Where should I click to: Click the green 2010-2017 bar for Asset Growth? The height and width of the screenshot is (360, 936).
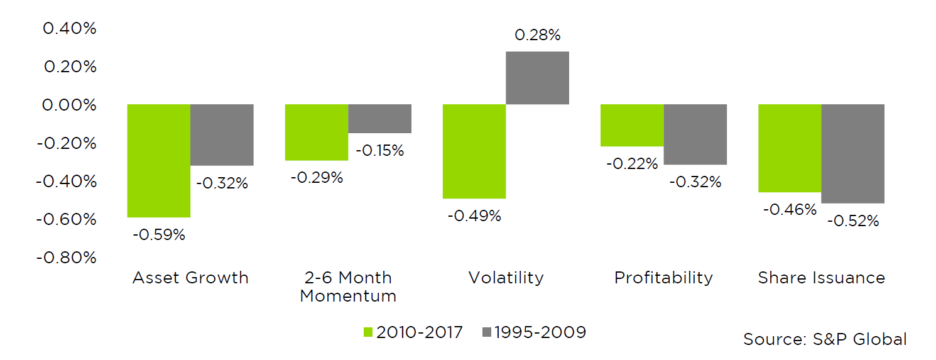[159, 161]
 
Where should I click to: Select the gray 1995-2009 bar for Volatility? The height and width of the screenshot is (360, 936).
[537, 78]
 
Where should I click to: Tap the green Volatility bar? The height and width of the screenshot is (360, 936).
[474, 151]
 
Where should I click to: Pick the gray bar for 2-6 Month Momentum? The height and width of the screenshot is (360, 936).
[379, 119]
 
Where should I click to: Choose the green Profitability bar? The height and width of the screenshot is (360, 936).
[632, 126]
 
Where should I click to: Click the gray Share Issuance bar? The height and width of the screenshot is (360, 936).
[853, 154]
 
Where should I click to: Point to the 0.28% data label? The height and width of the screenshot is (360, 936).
[537, 36]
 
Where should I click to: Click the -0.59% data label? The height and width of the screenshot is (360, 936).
[159, 235]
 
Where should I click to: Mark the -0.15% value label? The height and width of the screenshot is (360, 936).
[379, 151]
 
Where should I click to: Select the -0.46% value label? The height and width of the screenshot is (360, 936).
[790, 210]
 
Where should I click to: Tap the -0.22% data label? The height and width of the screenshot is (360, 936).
[632, 164]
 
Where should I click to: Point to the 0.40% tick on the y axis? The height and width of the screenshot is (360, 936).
[69, 29]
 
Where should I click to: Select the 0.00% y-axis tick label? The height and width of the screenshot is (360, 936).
[69, 105]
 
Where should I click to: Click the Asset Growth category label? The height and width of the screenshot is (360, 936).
[190, 278]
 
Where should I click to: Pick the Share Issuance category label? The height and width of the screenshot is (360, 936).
[821, 278]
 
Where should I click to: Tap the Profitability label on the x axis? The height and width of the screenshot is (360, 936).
[663, 278]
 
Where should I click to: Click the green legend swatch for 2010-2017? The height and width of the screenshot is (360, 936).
[368, 332]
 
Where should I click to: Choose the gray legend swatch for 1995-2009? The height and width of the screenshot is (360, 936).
[487, 332]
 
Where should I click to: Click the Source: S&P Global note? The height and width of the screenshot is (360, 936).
[825, 339]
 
